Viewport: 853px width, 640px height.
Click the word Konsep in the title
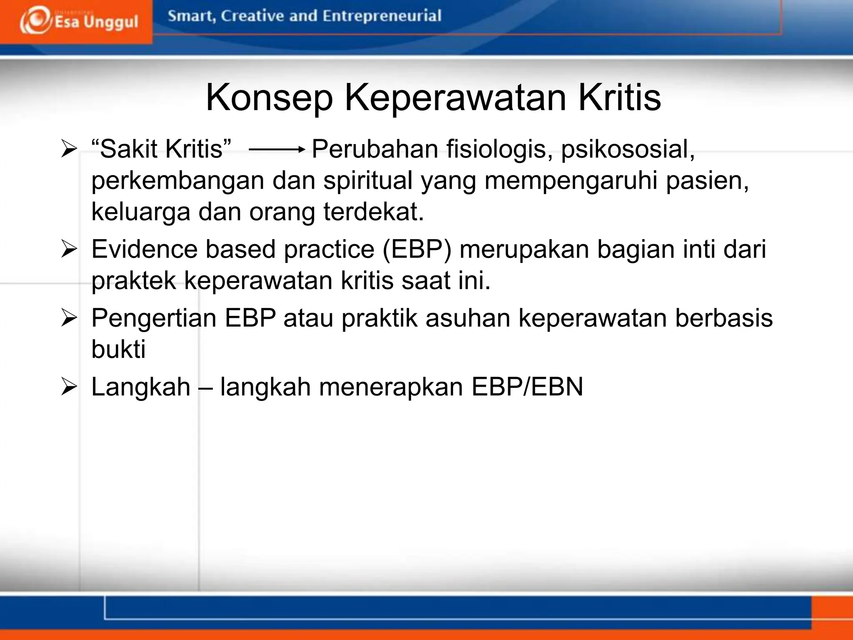click(x=269, y=98)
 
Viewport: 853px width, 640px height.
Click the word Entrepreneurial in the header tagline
click(x=382, y=16)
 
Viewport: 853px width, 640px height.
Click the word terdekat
click(x=374, y=212)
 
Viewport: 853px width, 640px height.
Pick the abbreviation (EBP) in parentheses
click(x=417, y=250)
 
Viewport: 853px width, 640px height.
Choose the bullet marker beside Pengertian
click(x=69, y=318)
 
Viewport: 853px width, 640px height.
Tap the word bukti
click(x=118, y=349)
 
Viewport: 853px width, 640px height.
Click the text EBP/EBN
click(x=527, y=387)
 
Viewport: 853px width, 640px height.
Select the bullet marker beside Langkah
click(x=69, y=387)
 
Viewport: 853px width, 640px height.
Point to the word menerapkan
click(x=391, y=387)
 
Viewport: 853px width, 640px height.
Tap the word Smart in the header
click(x=191, y=16)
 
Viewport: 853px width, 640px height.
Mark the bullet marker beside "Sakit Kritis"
click(x=69, y=150)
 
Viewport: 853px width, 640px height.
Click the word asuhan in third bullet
click(x=468, y=318)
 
